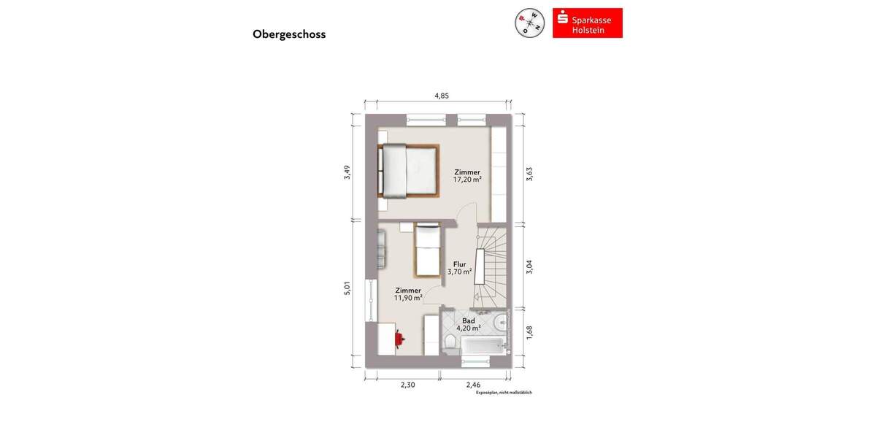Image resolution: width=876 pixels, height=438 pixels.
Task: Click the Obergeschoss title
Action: click(289, 34)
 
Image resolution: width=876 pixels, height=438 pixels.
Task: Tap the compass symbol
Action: click(530, 23)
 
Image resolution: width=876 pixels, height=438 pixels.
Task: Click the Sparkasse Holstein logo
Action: click(587, 23)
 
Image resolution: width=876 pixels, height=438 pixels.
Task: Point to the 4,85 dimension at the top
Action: click(441, 96)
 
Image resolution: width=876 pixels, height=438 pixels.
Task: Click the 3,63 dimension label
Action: click(529, 174)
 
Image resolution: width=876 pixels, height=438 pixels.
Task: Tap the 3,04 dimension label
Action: click(529, 266)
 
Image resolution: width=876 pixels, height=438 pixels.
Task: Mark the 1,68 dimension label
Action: click(529, 331)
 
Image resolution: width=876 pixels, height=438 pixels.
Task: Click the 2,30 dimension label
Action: click(407, 385)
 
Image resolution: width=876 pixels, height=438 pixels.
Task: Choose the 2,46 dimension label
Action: click(474, 385)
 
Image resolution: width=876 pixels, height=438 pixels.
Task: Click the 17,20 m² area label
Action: click(467, 179)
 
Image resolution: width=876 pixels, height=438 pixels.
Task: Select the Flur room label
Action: click(460, 264)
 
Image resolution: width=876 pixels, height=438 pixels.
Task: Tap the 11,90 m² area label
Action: click(409, 297)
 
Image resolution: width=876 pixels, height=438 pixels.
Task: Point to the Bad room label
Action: click(469, 320)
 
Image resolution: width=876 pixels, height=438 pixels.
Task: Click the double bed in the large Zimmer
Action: click(409, 171)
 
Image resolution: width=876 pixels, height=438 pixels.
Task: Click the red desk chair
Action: click(399, 338)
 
